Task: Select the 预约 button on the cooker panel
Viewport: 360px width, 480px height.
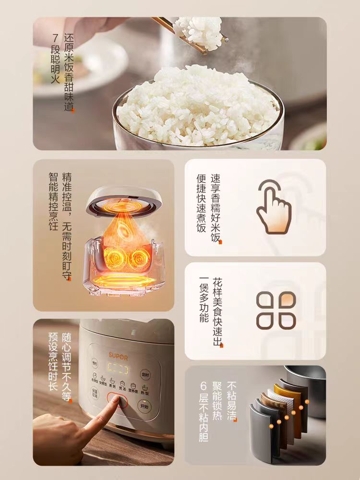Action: (95, 363)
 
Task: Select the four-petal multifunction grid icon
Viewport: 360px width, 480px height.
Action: (276, 311)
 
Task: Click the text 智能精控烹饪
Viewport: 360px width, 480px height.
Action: (53, 202)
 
